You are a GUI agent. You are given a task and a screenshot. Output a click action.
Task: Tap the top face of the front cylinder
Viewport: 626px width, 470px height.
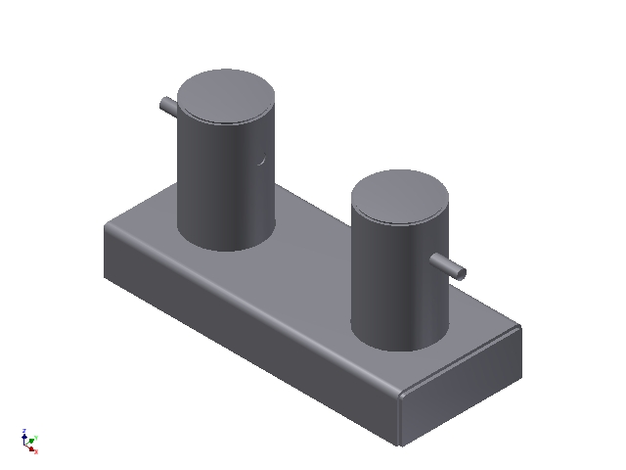click(x=401, y=196)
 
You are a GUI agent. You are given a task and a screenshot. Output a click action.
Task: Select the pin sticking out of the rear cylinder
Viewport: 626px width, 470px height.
click(x=167, y=104)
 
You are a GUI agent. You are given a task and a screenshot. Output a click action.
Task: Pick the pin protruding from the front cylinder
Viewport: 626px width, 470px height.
click(x=449, y=265)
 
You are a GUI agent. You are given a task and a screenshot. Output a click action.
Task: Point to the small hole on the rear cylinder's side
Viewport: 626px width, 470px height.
click(x=261, y=160)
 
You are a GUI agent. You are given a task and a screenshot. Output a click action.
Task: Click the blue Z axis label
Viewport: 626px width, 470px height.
click(x=22, y=431)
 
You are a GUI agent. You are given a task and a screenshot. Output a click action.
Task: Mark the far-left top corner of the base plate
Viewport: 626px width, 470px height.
click(x=107, y=225)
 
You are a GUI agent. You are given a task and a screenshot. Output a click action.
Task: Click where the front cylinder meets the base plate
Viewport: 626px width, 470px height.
click(x=396, y=349)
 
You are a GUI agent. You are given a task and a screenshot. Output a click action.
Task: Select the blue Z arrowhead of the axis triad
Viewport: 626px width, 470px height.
click(x=24, y=438)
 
